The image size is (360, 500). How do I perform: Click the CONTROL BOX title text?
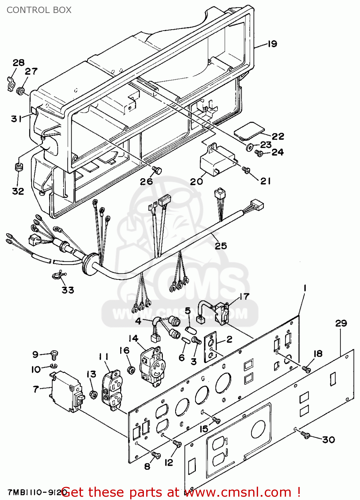39,10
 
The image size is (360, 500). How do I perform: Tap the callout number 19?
272,44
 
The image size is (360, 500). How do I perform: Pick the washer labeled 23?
249,147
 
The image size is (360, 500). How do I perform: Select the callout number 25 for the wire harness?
220,246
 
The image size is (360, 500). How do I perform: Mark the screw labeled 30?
305,435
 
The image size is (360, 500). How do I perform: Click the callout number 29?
341,323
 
